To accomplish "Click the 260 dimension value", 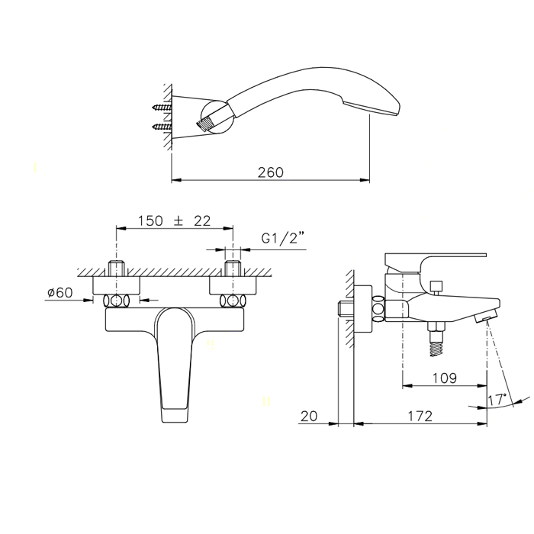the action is tap(270, 172).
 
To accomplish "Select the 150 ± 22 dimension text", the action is tap(174, 221).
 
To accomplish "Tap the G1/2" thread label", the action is tap(282, 238).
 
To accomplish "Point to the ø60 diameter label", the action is tap(60, 292).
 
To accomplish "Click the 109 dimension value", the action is tap(445, 378).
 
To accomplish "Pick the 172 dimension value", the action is tap(420, 416).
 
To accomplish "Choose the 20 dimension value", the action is tap(309, 416).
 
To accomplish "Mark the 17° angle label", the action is tap(497, 400).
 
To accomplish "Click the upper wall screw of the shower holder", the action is tap(162, 108).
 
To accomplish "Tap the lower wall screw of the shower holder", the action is tap(162, 127).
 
